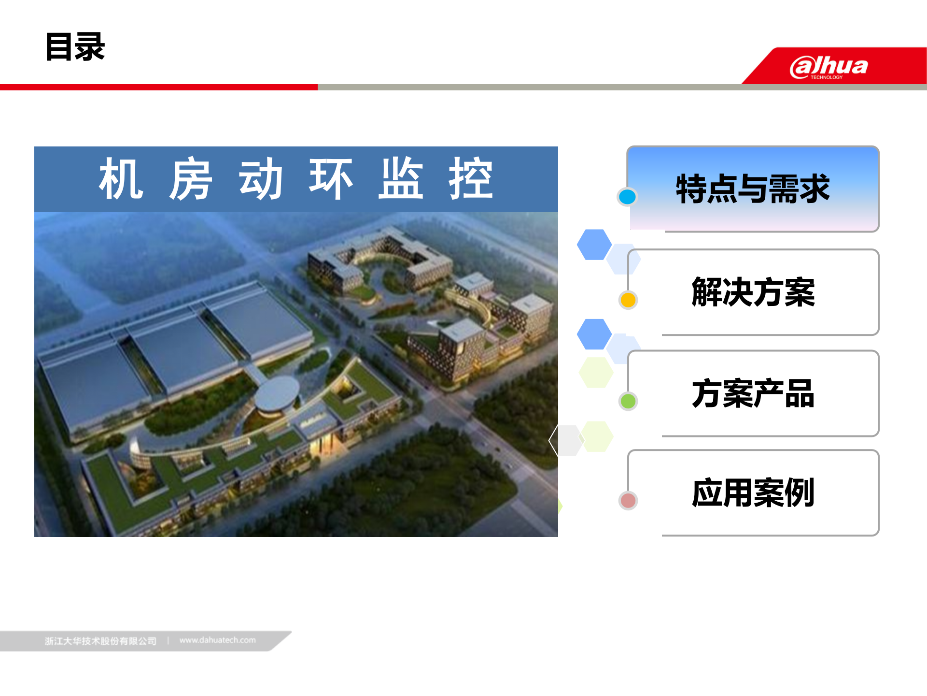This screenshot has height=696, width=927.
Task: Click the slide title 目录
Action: [x=75, y=47]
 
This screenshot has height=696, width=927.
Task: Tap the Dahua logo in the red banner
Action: [x=829, y=67]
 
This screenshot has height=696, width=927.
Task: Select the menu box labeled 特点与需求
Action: [x=753, y=189]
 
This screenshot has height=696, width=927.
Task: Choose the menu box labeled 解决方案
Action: [x=753, y=292]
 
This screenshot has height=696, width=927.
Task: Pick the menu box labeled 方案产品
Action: [x=753, y=393]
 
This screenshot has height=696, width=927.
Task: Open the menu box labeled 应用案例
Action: [x=753, y=493]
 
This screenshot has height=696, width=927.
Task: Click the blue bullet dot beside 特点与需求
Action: [x=627, y=197]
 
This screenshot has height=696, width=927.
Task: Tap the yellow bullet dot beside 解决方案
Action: [x=628, y=300]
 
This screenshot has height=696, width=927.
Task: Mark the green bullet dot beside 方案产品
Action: [x=628, y=401]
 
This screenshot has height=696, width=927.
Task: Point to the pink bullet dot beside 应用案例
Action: [x=628, y=501]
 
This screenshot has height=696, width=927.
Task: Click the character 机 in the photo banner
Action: [x=121, y=179]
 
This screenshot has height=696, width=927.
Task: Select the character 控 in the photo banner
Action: [x=471, y=179]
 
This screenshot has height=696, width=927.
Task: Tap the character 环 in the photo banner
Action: [x=331, y=179]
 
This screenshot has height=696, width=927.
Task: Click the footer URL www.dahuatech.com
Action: [x=217, y=640]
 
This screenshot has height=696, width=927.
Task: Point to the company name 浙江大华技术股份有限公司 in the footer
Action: [x=100, y=641]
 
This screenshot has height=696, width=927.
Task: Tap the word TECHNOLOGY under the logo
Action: [x=826, y=77]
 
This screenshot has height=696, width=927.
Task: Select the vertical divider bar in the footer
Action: [x=168, y=641]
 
